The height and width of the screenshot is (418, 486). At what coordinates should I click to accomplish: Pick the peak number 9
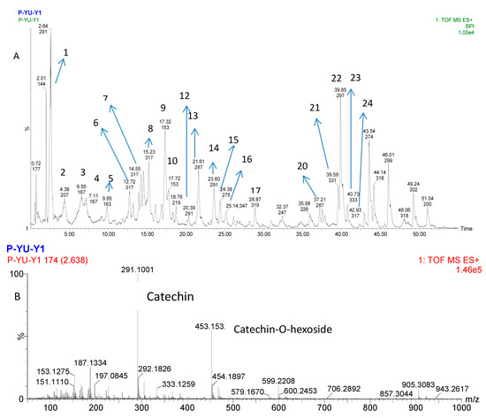pos(163,108)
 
